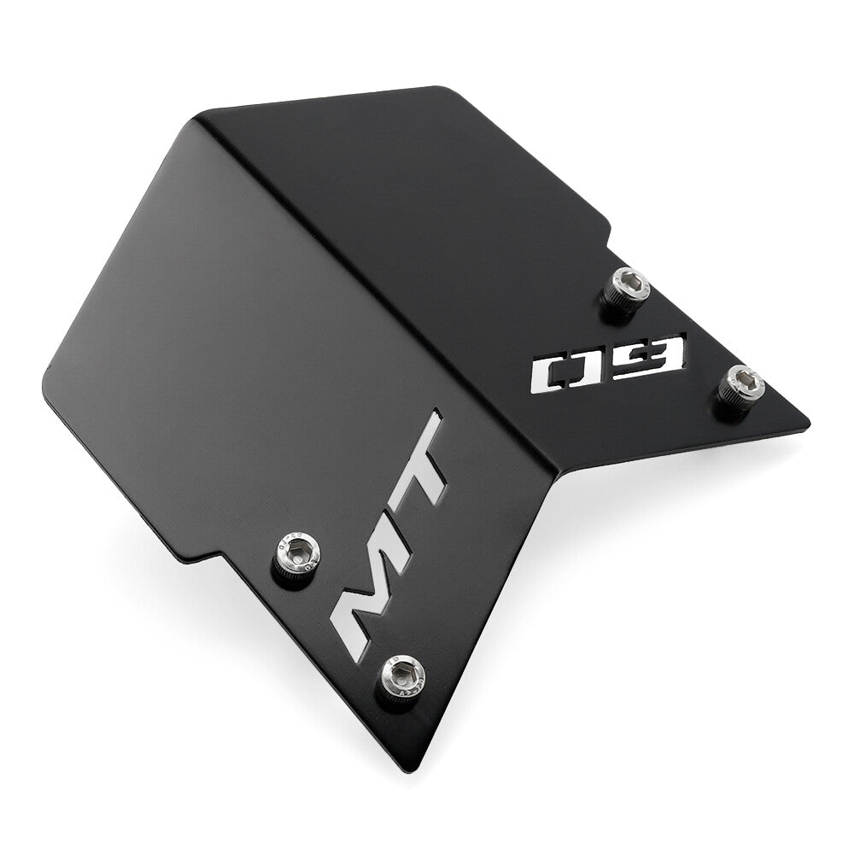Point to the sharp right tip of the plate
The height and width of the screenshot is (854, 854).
(809, 424)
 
